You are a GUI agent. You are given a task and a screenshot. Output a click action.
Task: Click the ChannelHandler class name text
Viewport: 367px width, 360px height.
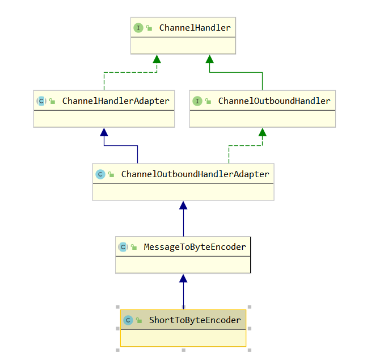(195, 28)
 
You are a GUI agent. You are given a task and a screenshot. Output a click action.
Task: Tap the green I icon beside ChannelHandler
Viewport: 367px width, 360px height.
(138, 28)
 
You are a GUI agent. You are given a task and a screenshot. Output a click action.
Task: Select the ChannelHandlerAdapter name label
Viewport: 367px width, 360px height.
(116, 101)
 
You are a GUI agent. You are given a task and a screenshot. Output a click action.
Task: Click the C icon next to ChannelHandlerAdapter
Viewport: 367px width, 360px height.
(41, 101)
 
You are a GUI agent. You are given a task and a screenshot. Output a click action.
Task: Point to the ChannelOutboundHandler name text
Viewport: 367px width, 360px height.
(275, 101)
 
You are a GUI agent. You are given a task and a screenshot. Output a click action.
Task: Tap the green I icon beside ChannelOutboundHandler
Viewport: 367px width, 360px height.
(197, 101)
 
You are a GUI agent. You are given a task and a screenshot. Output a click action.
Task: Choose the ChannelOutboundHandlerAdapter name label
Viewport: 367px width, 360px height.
(195, 174)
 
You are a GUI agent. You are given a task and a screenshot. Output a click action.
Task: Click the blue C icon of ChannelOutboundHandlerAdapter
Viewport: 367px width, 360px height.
(100, 174)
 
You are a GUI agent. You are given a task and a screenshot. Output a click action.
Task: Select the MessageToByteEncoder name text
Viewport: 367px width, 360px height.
(195, 247)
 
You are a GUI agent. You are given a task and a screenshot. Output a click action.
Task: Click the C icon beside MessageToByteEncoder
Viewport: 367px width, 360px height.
(123, 247)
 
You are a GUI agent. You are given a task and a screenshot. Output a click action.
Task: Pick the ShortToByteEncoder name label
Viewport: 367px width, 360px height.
(195, 320)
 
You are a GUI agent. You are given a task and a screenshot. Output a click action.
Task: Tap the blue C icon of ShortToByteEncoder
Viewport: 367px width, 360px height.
(128, 320)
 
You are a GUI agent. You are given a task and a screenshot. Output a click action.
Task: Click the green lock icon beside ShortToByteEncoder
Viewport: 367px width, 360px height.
(139, 320)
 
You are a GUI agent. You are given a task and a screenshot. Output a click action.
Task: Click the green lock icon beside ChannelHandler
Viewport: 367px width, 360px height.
(149, 28)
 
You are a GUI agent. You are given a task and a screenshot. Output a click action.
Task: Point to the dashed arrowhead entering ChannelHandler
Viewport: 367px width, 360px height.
(157, 59)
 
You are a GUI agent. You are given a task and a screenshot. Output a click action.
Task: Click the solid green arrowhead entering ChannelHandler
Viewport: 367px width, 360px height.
(210, 59)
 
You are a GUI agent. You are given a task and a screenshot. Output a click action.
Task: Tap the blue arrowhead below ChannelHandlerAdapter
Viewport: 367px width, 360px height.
(104, 132)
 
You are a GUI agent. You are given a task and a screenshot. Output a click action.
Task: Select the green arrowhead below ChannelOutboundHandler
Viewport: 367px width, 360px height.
(263, 132)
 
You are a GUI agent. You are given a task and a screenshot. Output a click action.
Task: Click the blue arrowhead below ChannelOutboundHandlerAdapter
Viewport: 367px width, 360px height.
(183, 206)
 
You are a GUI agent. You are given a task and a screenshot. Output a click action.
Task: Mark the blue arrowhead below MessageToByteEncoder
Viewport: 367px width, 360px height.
(183, 278)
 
